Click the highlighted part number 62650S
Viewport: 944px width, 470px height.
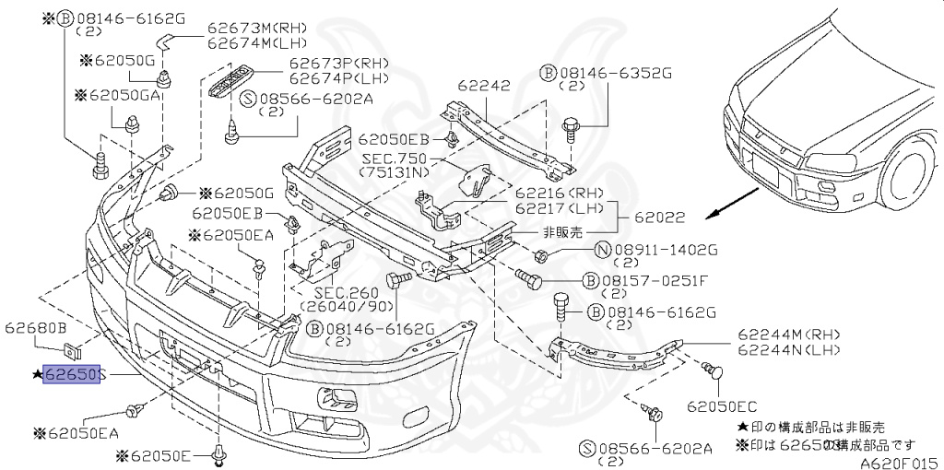72,376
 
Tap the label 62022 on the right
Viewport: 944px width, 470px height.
661,218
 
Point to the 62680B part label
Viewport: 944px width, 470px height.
36,328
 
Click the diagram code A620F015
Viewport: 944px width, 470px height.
899,462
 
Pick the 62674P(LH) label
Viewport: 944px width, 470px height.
326,78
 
